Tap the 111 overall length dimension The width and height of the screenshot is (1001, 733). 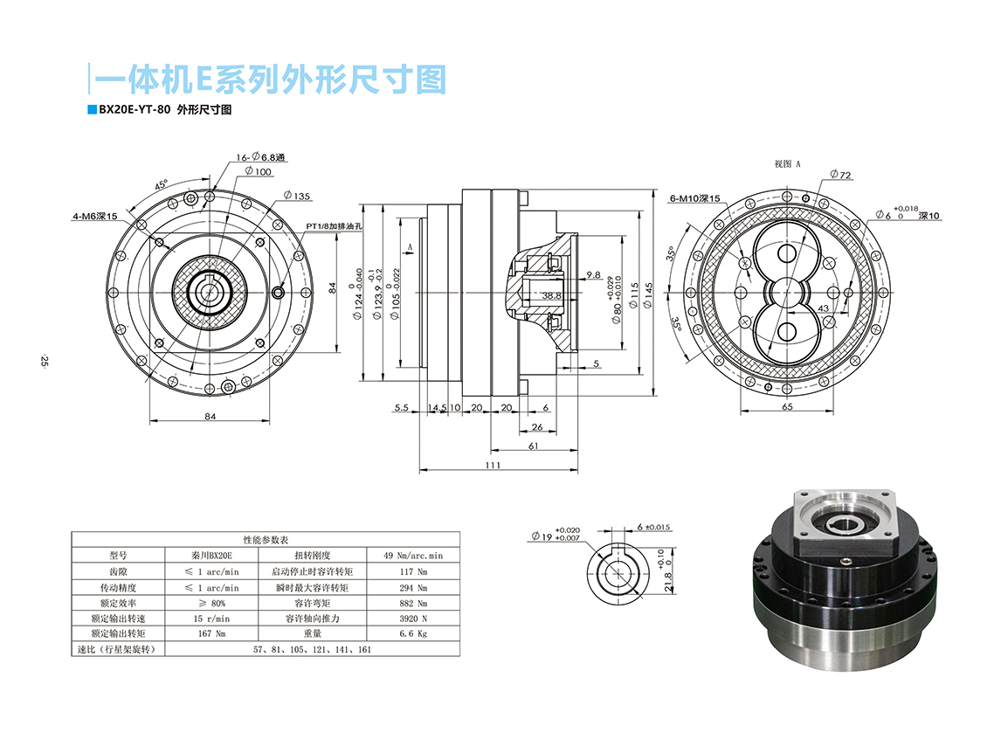pos(494,465)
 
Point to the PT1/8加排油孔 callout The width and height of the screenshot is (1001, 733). pos(334,225)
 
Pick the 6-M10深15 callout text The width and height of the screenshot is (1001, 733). pos(695,198)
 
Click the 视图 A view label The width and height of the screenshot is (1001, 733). pos(788,163)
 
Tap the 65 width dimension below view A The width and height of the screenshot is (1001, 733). pos(787,407)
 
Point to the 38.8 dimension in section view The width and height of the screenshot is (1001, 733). pos(550,295)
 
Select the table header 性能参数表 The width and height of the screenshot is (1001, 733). pos(266,540)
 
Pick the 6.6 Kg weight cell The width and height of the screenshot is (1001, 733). pos(412,633)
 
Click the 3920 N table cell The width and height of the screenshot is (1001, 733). pos(412,618)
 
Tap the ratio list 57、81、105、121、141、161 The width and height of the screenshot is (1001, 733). pos(312,649)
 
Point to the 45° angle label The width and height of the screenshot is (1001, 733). pos(161,185)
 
